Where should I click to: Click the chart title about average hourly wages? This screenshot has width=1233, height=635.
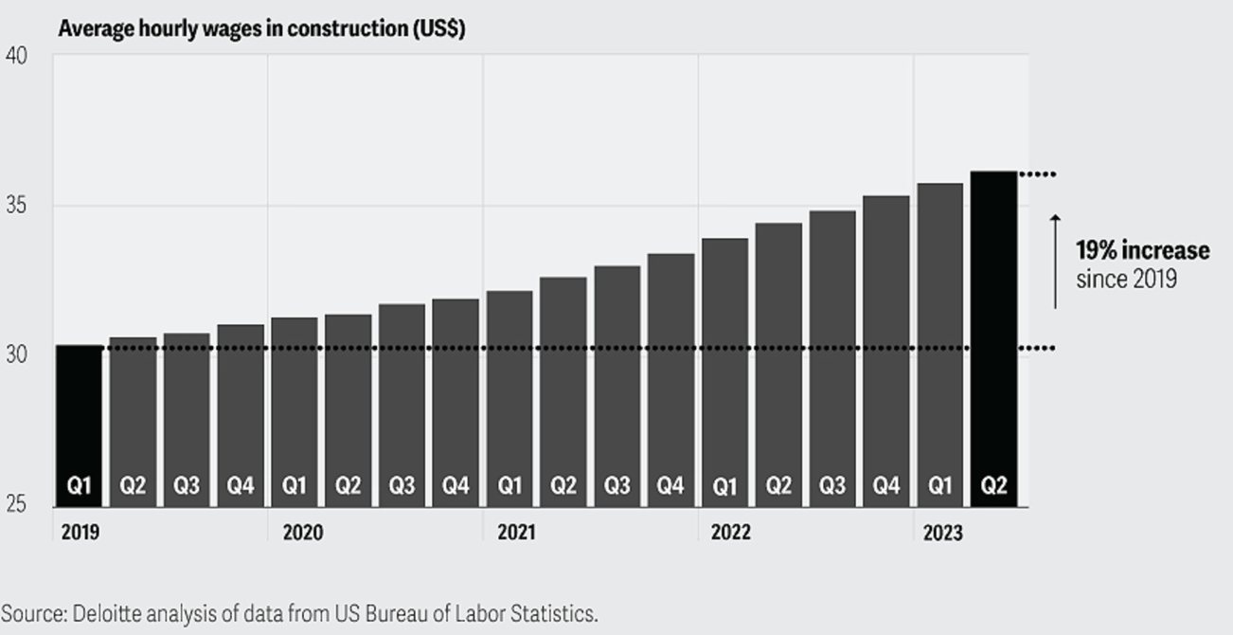tap(260, 28)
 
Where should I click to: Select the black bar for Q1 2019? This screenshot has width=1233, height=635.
tap(79, 426)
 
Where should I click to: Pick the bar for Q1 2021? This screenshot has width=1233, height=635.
tap(509, 398)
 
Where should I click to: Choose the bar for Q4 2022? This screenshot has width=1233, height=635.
tap(885, 351)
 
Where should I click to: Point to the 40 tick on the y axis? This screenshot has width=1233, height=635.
tap(16, 56)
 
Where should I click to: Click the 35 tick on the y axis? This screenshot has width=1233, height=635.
tap(16, 206)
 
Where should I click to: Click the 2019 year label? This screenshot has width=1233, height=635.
tap(80, 533)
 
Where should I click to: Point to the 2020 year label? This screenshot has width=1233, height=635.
tap(302, 533)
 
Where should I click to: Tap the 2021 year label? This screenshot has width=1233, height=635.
tap(515, 533)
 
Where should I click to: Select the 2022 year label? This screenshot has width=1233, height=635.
tap(730, 533)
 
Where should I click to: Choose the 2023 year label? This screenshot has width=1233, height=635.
tap(942, 534)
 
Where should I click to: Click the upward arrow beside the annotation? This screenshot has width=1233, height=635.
tap(1055, 262)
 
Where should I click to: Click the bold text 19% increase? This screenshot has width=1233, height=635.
tap(1142, 251)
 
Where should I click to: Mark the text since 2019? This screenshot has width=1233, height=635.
tap(1126, 280)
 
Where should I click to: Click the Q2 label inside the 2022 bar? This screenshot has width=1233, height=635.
tap(778, 486)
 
